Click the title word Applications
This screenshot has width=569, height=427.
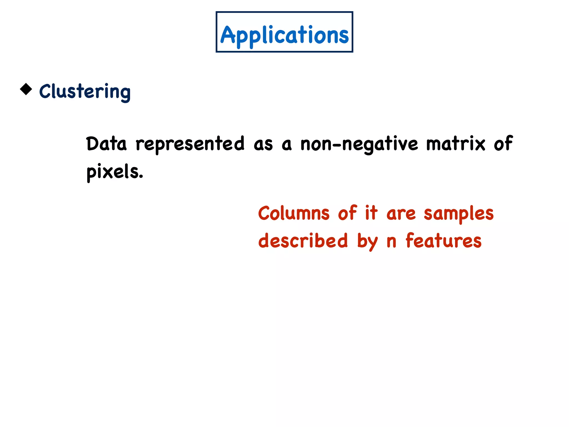pos(284,35)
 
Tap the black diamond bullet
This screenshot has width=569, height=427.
pos(26,89)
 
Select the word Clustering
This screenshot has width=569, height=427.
pos(85,91)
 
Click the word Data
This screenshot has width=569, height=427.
pos(106,144)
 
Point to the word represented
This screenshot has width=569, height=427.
pos(190,144)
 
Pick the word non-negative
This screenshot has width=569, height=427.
pos(359,144)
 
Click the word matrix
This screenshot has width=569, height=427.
pos(456,144)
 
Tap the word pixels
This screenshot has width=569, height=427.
pos(114,172)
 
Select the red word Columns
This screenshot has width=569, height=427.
pos(294,213)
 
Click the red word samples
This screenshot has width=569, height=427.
pos(458,213)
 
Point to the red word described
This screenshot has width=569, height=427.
pos(303,241)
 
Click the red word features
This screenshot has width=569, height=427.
pos(443,241)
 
